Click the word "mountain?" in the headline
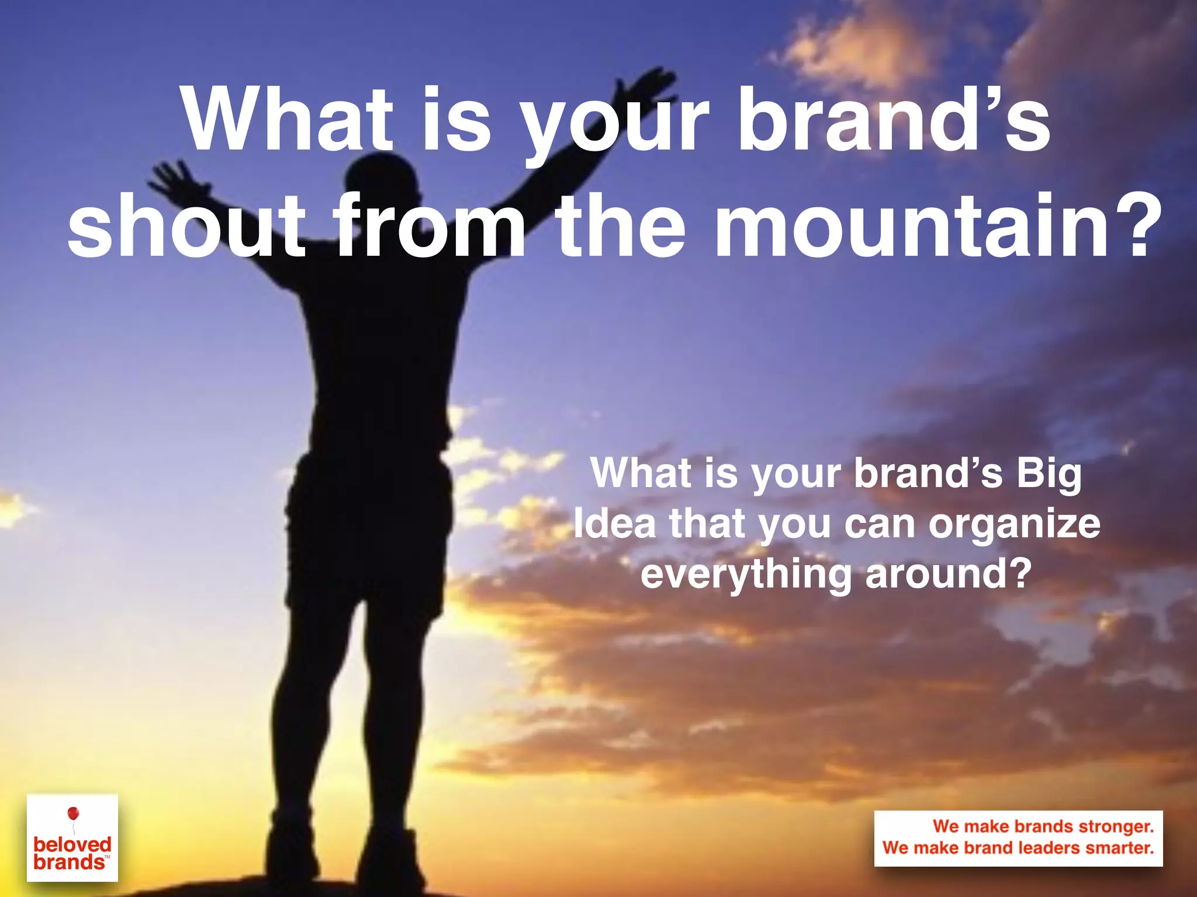click(x=937, y=227)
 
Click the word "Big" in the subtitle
click(x=1049, y=473)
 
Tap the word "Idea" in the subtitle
click(x=614, y=523)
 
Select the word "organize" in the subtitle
click(x=1014, y=524)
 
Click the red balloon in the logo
click(x=73, y=813)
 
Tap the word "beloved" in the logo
click(x=72, y=844)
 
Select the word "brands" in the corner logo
click(x=69, y=863)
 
